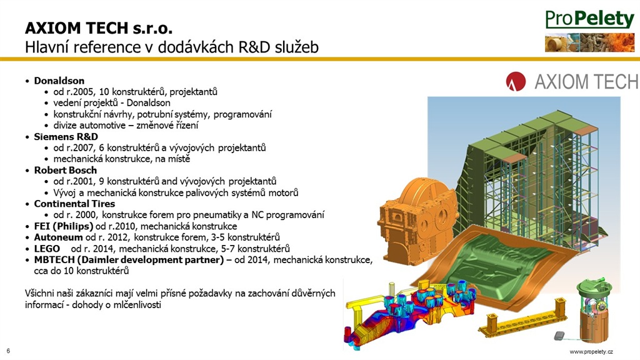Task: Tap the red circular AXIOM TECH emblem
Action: [x=516, y=81]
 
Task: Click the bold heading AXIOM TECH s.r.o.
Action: [x=99, y=27]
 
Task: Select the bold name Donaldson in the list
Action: [x=59, y=81]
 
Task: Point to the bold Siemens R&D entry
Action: [x=66, y=137]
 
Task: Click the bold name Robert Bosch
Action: [x=65, y=170]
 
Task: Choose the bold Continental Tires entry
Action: [x=74, y=204]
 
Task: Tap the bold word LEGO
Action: [x=47, y=249]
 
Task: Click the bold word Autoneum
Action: [x=58, y=237]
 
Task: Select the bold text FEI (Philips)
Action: [x=64, y=226]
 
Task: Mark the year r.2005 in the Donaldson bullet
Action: [x=81, y=92]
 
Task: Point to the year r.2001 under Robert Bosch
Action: [x=81, y=181]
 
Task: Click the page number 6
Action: [x=8, y=351]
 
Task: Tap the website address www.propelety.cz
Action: [x=591, y=351]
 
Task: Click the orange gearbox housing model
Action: [x=416, y=221]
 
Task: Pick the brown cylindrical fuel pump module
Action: [x=594, y=312]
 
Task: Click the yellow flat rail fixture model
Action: [x=524, y=321]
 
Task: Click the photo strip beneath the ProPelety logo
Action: [x=589, y=43]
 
